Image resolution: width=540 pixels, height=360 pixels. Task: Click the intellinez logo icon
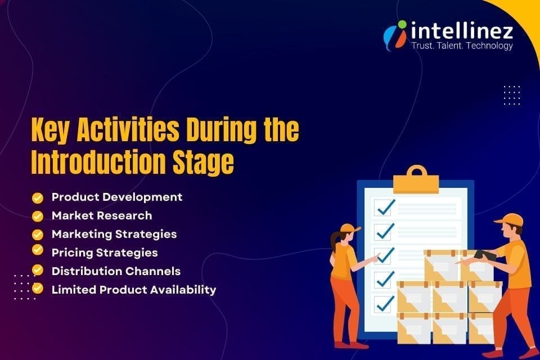[395, 34]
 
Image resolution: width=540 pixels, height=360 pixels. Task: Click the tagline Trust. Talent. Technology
[462, 46]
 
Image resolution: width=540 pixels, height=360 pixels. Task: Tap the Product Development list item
[117, 197]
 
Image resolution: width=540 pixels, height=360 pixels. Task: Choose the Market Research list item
[102, 215]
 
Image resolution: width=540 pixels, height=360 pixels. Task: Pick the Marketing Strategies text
[114, 234]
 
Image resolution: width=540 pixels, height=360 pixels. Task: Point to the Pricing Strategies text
[105, 253]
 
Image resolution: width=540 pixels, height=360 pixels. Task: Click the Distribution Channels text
[116, 271]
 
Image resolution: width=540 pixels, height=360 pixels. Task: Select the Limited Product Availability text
[134, 290]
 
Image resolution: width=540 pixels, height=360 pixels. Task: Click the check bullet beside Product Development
[38, 197]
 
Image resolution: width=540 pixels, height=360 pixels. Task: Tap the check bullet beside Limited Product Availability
[38, 289]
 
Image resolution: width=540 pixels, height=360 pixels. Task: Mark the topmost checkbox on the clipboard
[385, 208]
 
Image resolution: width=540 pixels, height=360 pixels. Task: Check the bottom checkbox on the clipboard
[385, 304]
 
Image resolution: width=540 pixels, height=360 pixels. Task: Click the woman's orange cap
[349, 228]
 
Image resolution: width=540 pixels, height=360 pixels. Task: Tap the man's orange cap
[510, 219]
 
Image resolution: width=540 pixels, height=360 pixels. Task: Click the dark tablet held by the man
[485, 255]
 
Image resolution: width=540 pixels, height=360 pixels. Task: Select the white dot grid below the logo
[511, 95]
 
